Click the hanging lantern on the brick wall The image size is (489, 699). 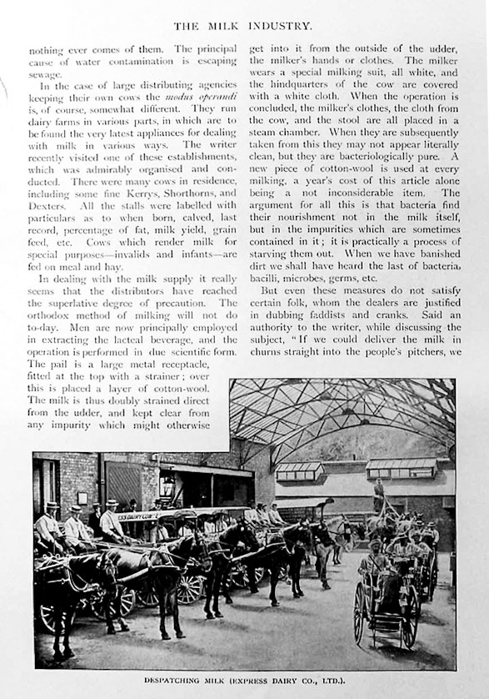(167, 485)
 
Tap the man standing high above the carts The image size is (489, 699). (379, 495)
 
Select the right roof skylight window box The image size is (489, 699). (401, 468)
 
